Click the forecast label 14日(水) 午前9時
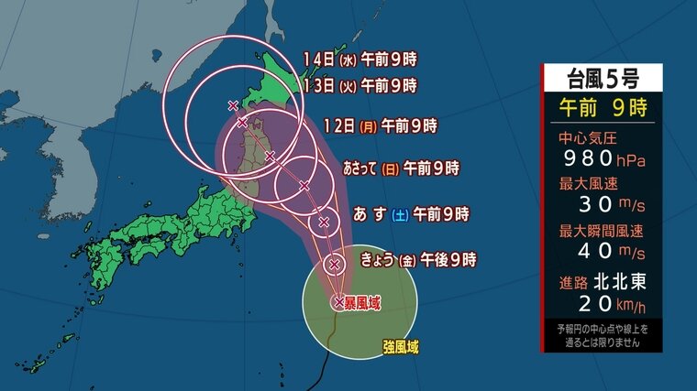tap(360, 60)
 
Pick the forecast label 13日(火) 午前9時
tap(360, 85)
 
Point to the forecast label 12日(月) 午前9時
tap(380, 125)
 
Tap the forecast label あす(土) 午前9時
tap(411, 215)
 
